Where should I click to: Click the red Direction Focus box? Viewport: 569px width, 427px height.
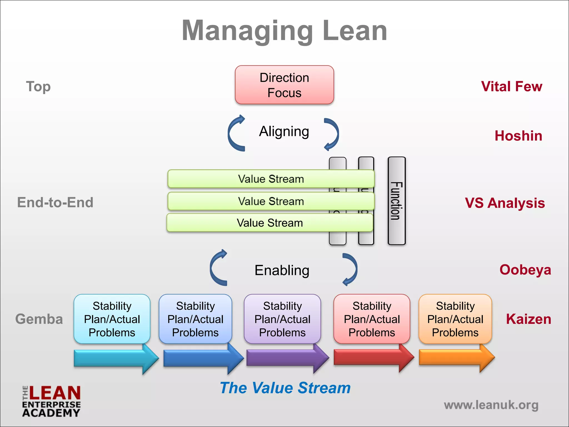point(284,85)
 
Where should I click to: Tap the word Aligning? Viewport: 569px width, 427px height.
point(284,131)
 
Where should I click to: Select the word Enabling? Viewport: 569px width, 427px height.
point(282,270)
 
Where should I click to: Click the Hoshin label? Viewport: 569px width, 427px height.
point(518,136)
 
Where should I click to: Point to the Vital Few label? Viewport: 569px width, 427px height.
point(511,86)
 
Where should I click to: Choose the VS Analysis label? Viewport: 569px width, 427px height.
point(505,203)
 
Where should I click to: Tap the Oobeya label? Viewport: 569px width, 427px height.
point(525,270)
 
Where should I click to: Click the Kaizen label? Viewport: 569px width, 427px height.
point(528,319)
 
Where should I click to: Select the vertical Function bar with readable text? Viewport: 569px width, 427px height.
point(396,201)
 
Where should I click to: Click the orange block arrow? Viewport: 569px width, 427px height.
point(456,358)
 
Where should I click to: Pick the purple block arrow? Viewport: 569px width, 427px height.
point(286,358)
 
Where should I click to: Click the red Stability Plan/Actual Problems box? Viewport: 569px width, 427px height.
point(372,319)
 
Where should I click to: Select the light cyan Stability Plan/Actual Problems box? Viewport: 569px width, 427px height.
point(112,319)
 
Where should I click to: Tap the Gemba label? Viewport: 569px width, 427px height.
point(39,319)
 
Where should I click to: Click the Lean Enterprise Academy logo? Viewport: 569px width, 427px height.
point(51,401)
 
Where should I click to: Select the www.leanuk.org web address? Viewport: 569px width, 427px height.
point(491,405)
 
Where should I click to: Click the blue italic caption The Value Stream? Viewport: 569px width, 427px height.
point(285,388)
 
